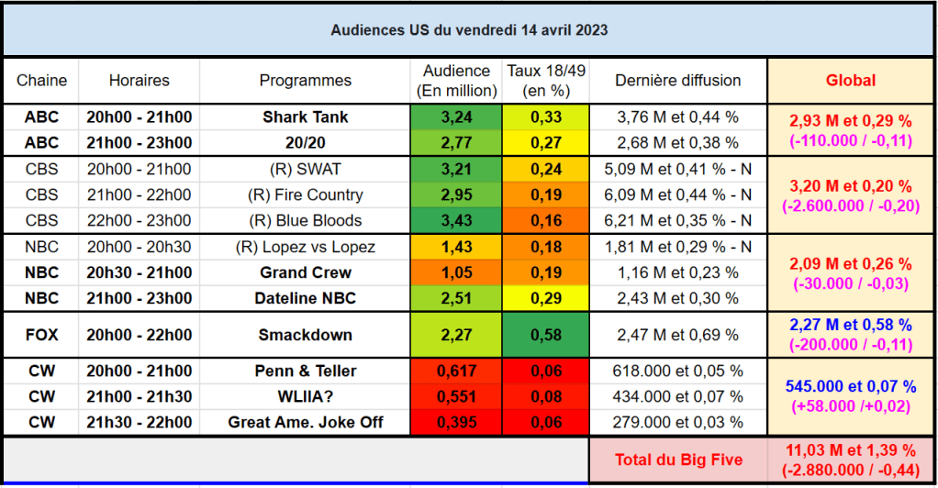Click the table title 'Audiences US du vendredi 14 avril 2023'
[x=469, y=30]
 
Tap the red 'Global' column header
[x=851, y=80]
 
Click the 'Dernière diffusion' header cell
[x=677, y=80]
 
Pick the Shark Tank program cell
[x=305, y=117]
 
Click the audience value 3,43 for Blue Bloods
[x=456, y=221]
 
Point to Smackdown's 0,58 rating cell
[x=546, y=335]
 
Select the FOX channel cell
[x=42, y=335]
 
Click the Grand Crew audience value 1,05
[x=456, y=272]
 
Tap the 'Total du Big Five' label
[x=678, y=460]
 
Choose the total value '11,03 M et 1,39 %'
[x=851, y=450]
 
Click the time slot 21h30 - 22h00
[x=139, y=422]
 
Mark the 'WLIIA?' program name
[x=305, y=396]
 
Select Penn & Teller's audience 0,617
[x=456, y=371]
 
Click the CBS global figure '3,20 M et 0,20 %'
[x=851, y=186]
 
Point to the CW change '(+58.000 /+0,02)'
[x=851, y=406]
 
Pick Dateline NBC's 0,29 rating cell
[x=546, y=298]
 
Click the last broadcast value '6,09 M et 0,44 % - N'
[x=677, y=195]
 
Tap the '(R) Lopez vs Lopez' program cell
[x=305, y=247]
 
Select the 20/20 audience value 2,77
[x=456, y=143]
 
